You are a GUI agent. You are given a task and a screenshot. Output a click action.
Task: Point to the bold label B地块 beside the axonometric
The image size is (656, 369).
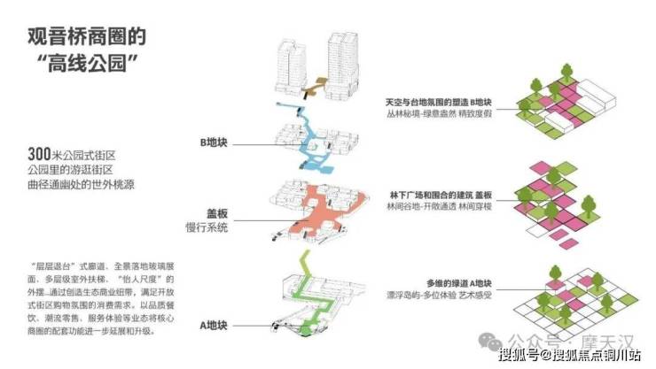click(220, 141)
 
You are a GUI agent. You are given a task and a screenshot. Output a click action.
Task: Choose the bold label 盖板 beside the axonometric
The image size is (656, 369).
click(215, 214)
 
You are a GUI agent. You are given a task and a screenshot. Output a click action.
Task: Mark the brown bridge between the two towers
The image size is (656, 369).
click(314, 87)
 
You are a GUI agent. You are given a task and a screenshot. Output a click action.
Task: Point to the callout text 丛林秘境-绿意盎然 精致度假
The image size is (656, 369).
click(438, 114)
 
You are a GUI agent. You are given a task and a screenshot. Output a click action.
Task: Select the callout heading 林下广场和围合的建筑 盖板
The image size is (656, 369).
click(441, 194)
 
